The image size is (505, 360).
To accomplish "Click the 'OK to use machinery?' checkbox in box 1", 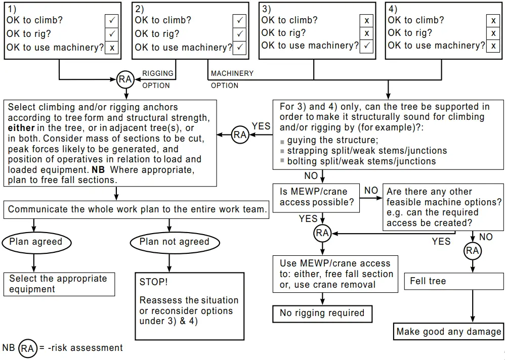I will [112, 48].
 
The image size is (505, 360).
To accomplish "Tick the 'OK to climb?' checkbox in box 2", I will [239, 20].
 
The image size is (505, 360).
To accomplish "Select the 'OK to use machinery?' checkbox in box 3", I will [366, 46].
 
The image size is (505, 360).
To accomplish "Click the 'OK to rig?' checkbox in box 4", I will [493, 33].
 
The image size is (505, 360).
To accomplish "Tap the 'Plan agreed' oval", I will [35, 242].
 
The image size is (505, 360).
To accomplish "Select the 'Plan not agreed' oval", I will [174, 242].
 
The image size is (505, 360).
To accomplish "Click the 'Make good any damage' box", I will [448, 332].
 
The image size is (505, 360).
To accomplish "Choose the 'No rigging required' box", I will [322, 313].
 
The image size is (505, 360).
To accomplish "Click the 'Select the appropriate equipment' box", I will [59, 284].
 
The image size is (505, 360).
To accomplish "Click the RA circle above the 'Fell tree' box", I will [472, 251].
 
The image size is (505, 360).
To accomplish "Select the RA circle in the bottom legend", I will [28, 348].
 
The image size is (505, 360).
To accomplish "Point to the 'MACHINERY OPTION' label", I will [231, 79].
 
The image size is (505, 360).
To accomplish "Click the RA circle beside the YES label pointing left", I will [240, 134].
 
